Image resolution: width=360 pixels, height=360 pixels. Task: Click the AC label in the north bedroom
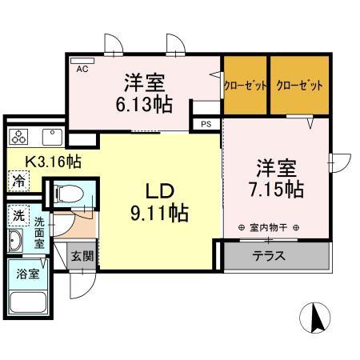coord(82,70)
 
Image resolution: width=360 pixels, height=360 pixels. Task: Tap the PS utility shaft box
coord(206,123)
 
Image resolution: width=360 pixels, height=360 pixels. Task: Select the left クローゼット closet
coord(245,84)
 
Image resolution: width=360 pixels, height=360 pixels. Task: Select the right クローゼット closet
coord(299,84)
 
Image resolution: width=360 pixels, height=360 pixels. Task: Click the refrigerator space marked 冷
coord(18,182)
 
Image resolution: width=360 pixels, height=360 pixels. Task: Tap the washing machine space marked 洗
coord(18,215)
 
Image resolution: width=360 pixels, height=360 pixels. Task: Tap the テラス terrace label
coord(270,257)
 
